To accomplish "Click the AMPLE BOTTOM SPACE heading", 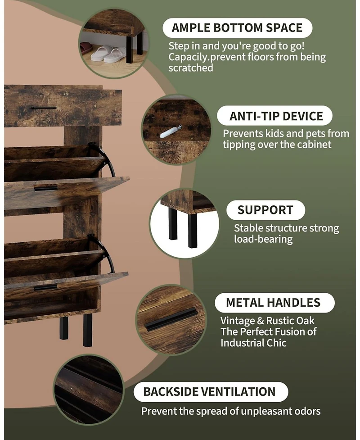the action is click(237, 28).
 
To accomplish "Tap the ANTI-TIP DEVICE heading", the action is click(276, 116).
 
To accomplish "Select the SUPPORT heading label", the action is click(265, 210).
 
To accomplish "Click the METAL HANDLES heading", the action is click(273, 303).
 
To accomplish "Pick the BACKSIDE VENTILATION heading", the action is click(209, 392).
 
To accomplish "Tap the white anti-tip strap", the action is click(171, 132).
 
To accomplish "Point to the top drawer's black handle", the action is click(44, 108).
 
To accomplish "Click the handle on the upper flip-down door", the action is click(46, 188).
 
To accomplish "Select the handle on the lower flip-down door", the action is click(45, 287).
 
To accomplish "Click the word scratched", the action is click(191, 68).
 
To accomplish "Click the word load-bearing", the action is click(263, 239).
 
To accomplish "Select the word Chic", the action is click(277, 343).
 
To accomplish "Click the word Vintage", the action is click(238, 321).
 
